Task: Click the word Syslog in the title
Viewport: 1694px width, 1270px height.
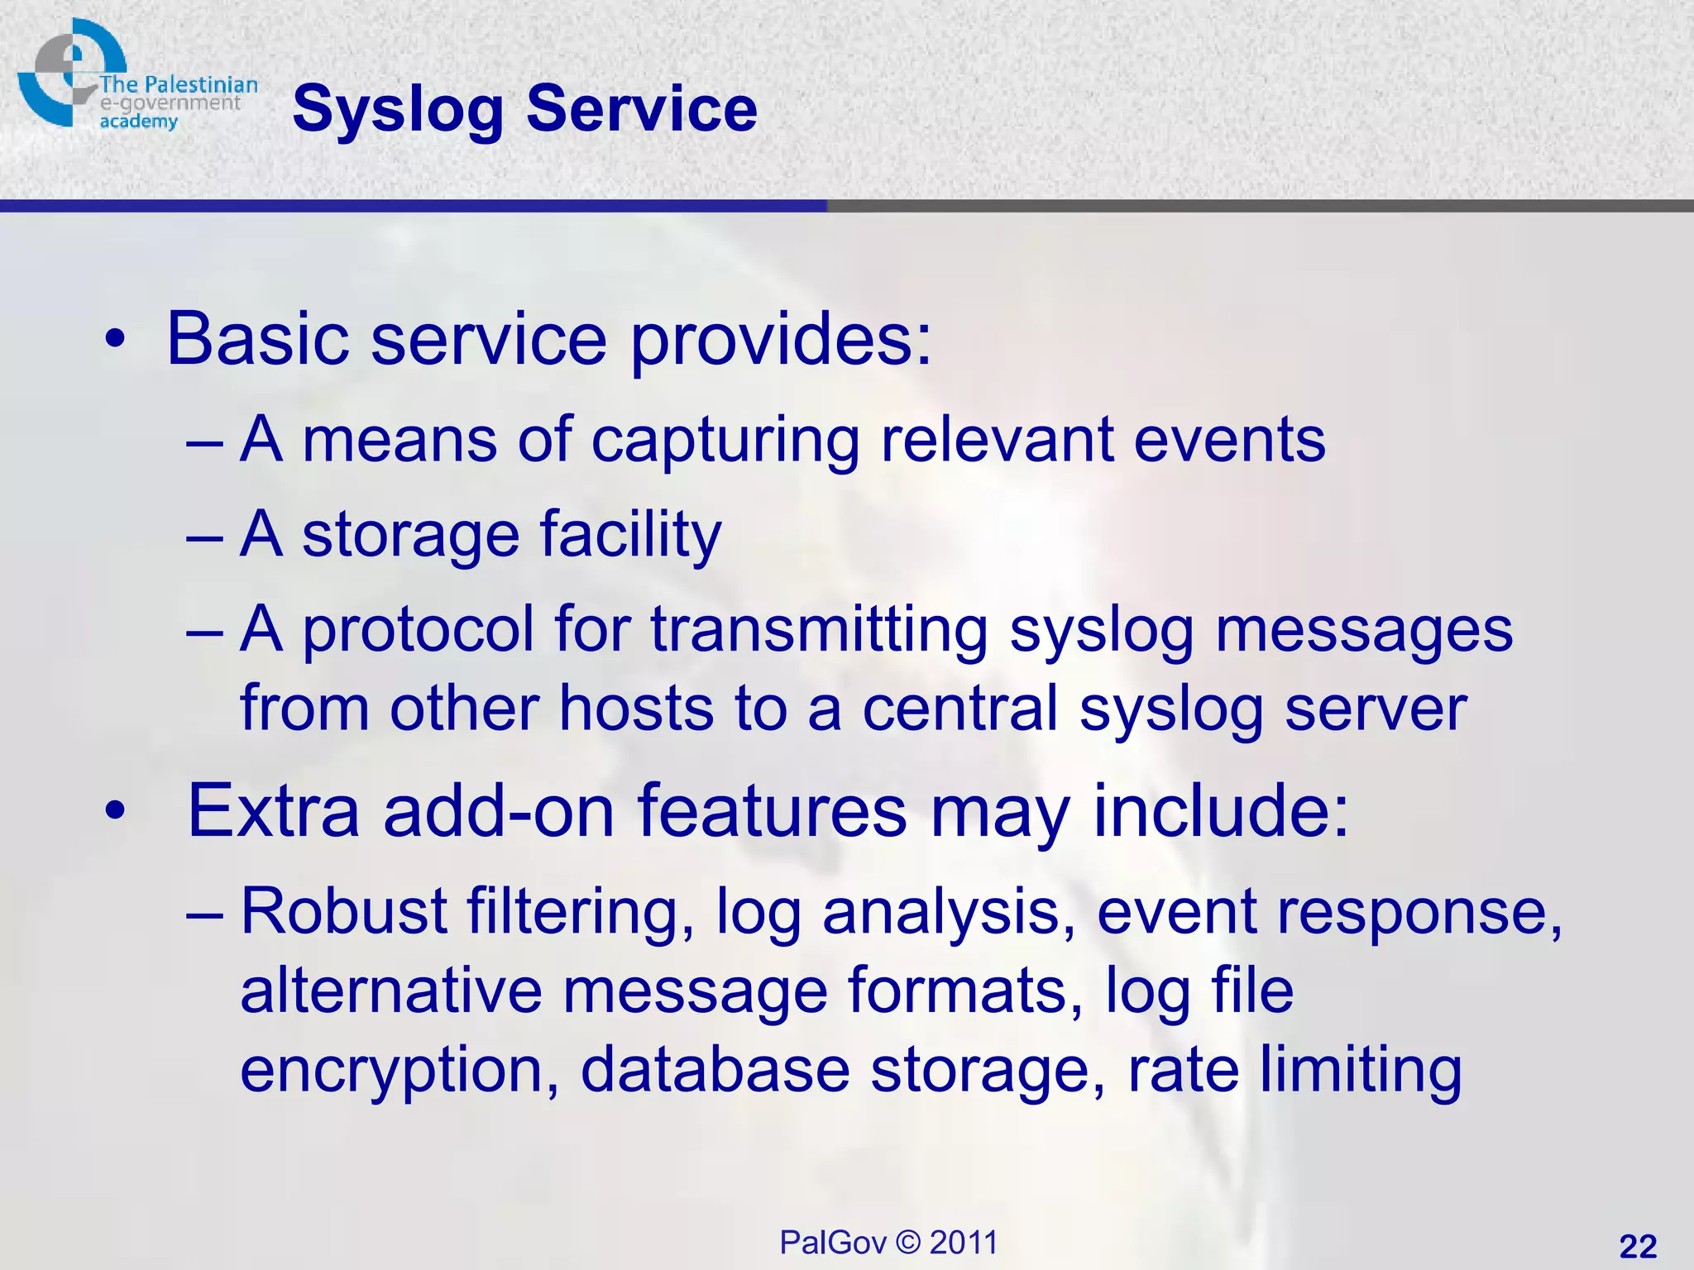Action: tap(397, 110)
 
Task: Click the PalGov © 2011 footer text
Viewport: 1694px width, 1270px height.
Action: tap(888, 1243)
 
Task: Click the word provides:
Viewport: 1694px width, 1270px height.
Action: tap(781, 341)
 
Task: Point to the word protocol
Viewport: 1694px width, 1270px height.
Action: tap(418, 631)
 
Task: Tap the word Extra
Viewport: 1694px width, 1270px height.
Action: tap(274, 811)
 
